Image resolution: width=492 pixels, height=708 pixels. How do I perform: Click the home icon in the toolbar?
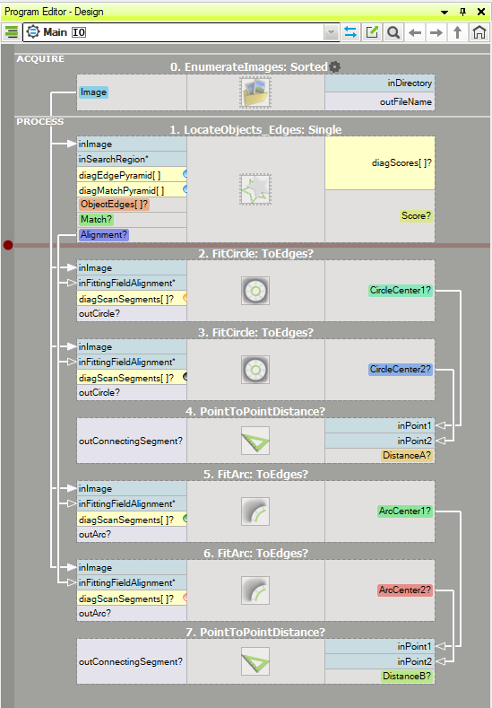coord(479,32)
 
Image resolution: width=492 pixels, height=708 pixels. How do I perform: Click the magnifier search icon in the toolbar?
coord(393,32)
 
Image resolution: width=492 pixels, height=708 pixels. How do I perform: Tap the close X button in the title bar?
coord(481,12)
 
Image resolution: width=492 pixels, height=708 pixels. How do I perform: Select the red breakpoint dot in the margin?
coord(8,245)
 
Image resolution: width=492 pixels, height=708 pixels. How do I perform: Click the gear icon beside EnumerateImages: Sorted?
coord(334,66)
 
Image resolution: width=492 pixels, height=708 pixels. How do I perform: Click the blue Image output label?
coord(93,92)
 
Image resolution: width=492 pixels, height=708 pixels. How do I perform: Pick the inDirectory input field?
coord(380,83)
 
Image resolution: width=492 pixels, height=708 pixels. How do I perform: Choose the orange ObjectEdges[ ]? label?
coord(114,204)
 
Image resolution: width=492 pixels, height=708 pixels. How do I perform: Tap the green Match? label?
coord(96,220)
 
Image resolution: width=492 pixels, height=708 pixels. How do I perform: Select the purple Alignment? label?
coord(104,235)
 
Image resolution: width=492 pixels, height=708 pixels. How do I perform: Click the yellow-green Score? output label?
coord(416,216)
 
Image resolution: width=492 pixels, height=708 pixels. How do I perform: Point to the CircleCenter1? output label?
coord(401,291)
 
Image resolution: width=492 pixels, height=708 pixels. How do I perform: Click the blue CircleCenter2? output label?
coord(401,370)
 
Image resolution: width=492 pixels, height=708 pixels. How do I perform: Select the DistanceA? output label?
coord(407,455)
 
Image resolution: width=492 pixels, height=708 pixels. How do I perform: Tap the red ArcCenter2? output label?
coord(405,590)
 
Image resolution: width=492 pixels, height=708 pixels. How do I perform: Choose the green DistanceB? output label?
coord(407,676)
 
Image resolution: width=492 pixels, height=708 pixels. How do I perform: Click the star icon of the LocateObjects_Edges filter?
coord(255,189)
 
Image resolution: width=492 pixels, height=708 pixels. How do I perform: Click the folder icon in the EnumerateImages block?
coord(255,92)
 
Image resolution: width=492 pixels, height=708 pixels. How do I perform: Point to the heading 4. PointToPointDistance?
coord(255,411)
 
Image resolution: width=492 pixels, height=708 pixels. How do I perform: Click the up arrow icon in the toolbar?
coord(457,32)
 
